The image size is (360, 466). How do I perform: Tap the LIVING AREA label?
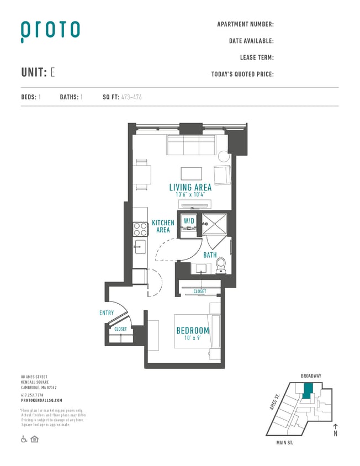(190, 188)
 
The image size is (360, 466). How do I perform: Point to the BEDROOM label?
(193, 331)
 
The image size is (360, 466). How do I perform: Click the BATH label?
(210, 255)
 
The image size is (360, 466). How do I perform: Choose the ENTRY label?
(107, 313)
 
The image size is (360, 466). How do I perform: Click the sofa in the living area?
(190, 146)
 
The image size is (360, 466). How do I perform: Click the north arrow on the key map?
(335, 430)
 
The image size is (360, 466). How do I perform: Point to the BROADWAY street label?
(311, 376)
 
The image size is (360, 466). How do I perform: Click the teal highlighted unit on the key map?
(308, 390)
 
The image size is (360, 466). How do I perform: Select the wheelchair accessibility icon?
(24, 439)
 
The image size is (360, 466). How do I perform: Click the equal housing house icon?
(34, 439)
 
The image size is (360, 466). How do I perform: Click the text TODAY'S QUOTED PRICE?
(242, 74)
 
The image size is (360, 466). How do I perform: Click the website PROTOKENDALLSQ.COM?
(41, 400)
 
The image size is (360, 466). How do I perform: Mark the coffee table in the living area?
(192, 172)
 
